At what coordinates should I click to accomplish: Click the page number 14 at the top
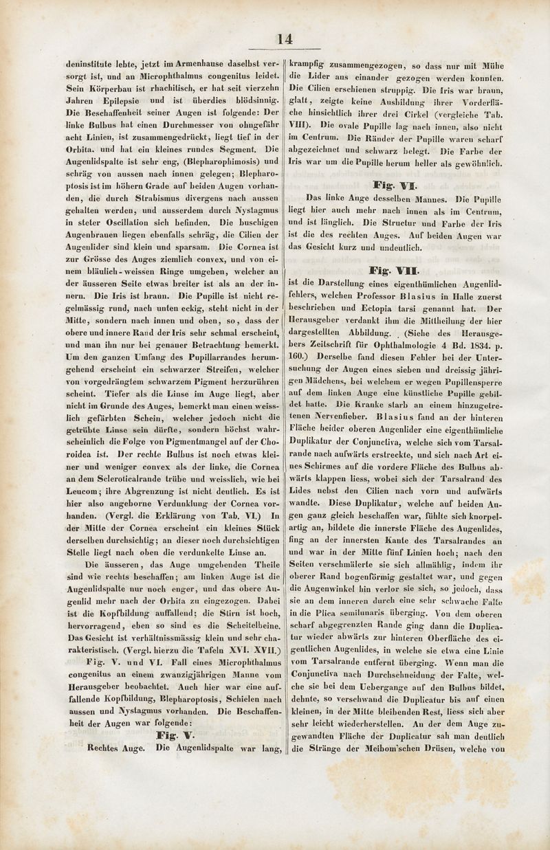tap(285, 39)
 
